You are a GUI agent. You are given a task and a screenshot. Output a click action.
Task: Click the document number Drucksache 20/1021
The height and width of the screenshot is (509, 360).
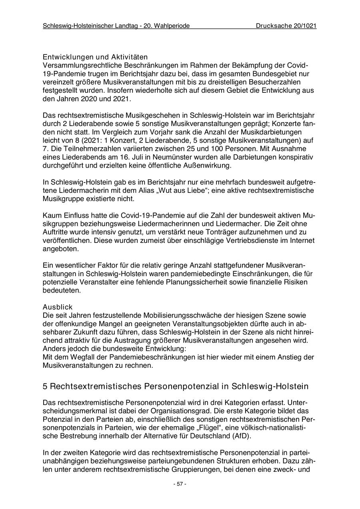point(286,26)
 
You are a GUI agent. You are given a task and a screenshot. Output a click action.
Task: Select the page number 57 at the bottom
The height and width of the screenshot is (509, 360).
point(180,484)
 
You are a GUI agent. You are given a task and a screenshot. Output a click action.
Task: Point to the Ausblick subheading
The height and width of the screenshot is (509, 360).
point(58,307)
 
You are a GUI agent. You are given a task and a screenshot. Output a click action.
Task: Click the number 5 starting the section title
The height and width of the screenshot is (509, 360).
point(45,387)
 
